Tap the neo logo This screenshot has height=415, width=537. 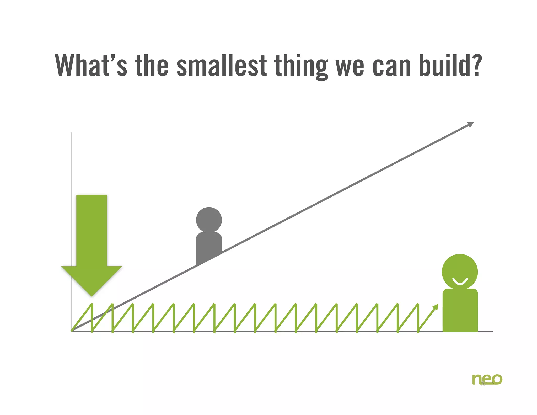[487, 379]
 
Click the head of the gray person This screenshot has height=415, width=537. [209, 220]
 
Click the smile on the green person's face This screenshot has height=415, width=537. [460, 282]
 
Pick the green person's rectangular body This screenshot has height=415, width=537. [460, 311]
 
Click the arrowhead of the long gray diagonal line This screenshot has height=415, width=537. [471, 124]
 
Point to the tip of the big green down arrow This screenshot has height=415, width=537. [92, 295]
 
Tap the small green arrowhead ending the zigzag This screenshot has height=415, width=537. [436, 307]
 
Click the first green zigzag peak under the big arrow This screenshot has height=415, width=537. [92, 304]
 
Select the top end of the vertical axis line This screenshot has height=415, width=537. [71, 133]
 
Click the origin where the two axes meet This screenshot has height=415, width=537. [71, 331]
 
